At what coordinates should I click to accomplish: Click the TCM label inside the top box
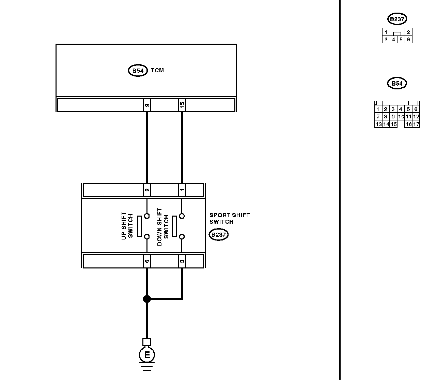coord(157,71)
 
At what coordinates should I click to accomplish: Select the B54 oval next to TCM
coord(138,71)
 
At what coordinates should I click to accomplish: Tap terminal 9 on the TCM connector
coord(147,105)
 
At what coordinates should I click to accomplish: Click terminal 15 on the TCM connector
coord(182,105)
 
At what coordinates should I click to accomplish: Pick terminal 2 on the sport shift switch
coord(147,190)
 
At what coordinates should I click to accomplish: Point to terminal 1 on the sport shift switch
coord(182,190)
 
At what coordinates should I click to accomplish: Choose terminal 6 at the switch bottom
coord(147,261)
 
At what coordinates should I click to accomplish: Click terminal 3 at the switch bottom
coord(182,261)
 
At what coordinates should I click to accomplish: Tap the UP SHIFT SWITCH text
coord(127,226)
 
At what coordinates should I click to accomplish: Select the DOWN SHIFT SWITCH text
coord(163,227)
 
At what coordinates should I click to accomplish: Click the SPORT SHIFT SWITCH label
coord(229,218)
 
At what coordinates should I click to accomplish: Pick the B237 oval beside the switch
coord(218,235)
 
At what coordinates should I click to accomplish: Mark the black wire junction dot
coord(147,299)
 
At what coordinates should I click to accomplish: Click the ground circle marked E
coord(147,355)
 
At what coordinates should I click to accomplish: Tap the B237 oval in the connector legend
coord(397,19)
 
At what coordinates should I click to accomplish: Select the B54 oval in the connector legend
coord(397,83)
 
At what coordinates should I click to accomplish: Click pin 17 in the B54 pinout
coord(416,124)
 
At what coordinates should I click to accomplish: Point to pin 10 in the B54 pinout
coord(401,117)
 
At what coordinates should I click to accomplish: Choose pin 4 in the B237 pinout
coord(393,40)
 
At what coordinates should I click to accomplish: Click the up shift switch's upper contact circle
coord(147,216)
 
